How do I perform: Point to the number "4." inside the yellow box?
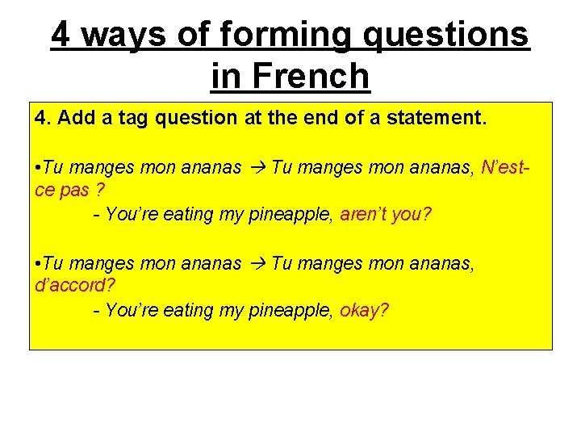pos(42,119)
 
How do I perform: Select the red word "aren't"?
pos(365,214)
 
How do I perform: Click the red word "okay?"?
pos(365,310)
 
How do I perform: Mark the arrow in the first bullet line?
pos(257,168)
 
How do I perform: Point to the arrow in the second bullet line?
pos(257,263)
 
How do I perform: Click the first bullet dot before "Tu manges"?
pos(38,168)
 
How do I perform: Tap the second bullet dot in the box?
pos(38,263)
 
